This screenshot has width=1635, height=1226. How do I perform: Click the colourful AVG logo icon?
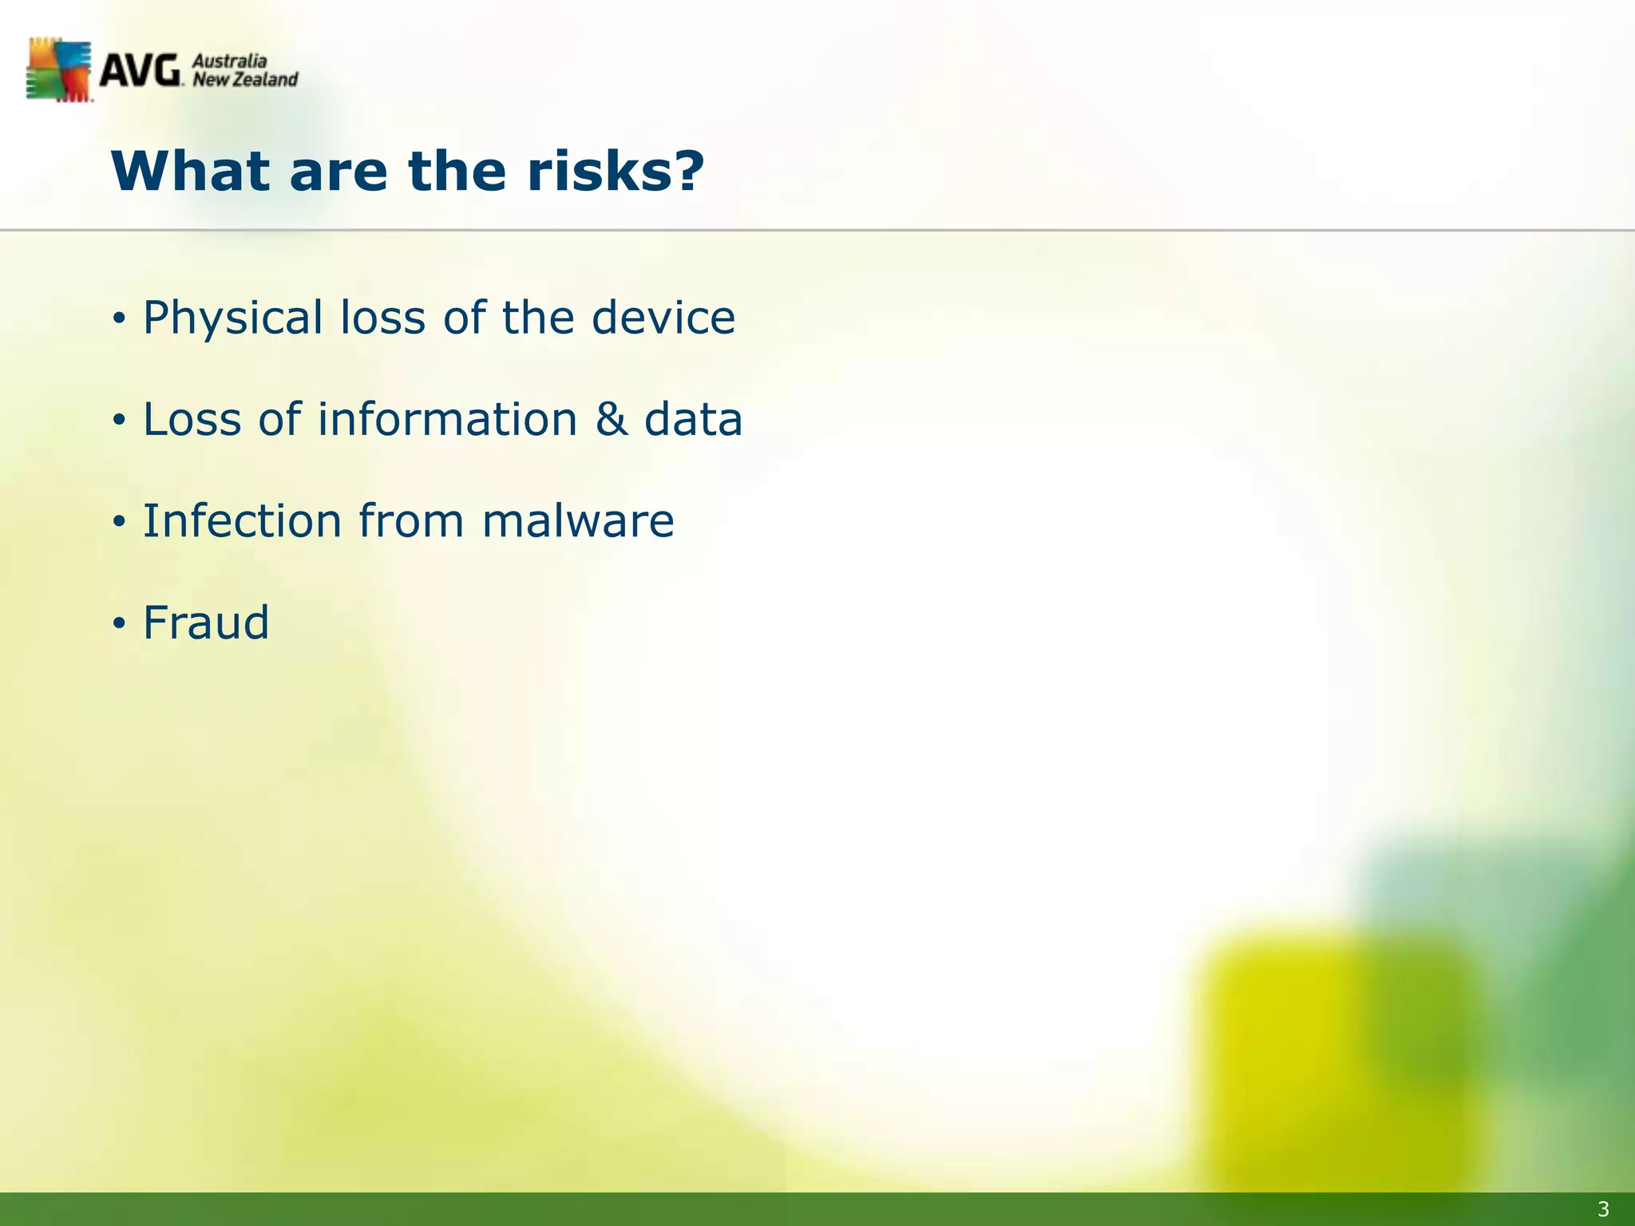pyautogui.click(x=58, y=70)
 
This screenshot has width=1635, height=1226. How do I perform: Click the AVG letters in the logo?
pyautogui.click(x=140, y=71)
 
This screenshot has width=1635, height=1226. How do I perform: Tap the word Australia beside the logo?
pyautogui.click(x=230, y=61)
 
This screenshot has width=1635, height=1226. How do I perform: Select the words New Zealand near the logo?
pyautogui.click(x=245, y=80)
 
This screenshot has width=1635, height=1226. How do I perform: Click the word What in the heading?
pyautogui.click(x=191, y=172)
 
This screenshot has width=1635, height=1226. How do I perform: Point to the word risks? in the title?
pyautogui.click(x=616, y=172)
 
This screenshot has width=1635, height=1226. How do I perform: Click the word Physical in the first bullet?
pyautogui.click(x=232, y=318)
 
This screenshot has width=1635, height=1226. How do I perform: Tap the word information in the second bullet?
pyautogui.click(x=447, y=419)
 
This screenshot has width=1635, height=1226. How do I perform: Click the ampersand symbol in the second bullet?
pyautogui.click(x=612, y=419)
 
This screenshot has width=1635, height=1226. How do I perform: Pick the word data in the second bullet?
pyautogui.click(x=693, y=419)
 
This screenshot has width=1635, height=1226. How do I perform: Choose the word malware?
pyautogui.click(x=578, y=520)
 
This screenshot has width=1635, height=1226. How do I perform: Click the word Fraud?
pyautogui.click(x=206, y=623)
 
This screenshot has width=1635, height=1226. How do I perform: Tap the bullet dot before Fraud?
pyautogui.click(x=119, y=623)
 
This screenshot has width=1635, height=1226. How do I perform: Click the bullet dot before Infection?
pyautogui.click(x=119, y=522)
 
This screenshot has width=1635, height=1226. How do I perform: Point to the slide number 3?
pyautogui.click(x=1603, y=1209)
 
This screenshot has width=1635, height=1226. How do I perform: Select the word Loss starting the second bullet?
pyautogui.click(x=192, y=419)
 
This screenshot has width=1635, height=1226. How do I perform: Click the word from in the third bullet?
pyautogui.click(x=410, y=520)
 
